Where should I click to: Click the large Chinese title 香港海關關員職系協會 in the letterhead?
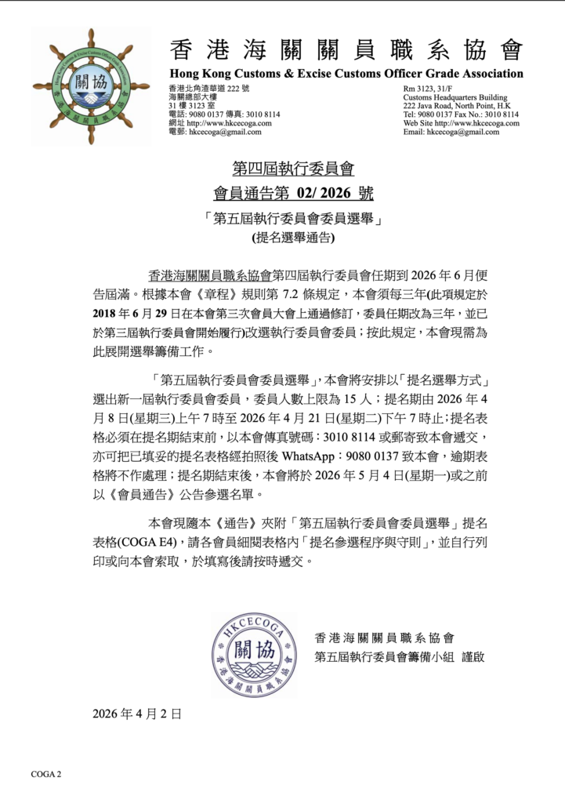(x=346, y=50)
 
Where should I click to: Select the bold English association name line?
(x=346, y=74)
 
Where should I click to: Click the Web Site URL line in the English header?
(x=461, y=123)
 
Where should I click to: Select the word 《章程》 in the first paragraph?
(x=196, y=296)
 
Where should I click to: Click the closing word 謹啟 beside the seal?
(x=473, y=656)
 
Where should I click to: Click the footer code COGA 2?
(x=46, y=774)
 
